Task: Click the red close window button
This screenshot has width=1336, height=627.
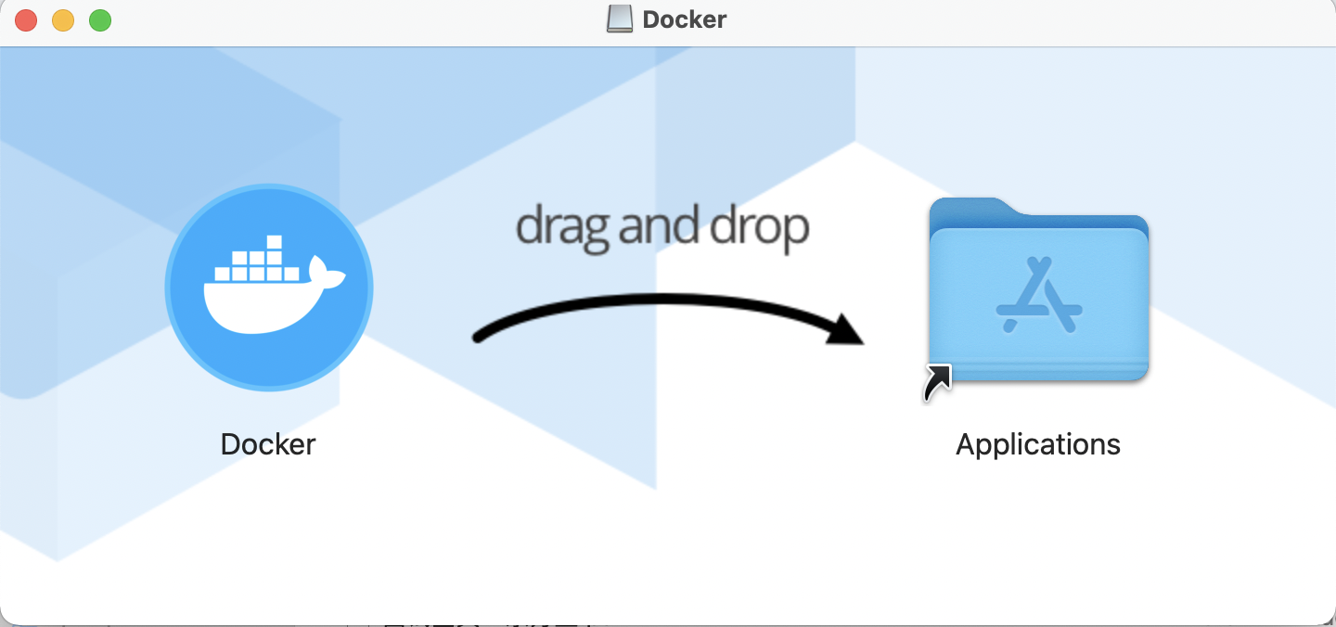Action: [26, 19]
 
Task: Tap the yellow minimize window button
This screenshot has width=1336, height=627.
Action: [63, 19]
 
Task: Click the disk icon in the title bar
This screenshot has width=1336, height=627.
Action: [619, 19]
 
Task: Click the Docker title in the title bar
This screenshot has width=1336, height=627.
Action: [684, 19]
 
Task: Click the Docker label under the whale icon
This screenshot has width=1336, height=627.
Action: [268, 444]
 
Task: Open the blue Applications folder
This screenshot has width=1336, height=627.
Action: [1039, 292]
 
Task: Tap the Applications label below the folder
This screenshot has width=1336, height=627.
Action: [1038, 444]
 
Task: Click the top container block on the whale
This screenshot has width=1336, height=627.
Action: [274, 243]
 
